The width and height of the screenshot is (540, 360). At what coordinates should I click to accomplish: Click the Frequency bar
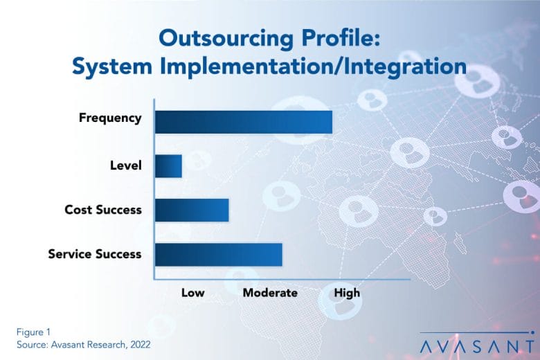[x=244, y=122]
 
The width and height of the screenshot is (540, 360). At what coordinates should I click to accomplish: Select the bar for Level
[x=168, y=166]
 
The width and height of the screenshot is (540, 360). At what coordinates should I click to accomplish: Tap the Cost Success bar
[x=192, y=210]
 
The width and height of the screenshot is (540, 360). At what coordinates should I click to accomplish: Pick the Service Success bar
[x=218, y=255]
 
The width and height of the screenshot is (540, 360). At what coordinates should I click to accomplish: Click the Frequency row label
[x=110, y=118]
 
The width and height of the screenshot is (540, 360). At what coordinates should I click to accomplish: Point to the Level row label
[x=126, y=165]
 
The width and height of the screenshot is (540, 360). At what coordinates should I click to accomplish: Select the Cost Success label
[x=103, y=210]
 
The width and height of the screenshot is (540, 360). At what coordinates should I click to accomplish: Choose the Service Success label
[x=95, y=254]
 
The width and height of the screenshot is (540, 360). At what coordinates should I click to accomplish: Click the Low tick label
[x=193, y=293]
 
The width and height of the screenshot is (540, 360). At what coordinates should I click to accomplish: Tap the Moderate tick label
[x=270, y=293]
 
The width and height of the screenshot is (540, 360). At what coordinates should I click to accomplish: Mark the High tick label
[x=347, y=293]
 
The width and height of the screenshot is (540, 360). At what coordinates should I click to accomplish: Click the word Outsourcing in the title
[x=226, y=39]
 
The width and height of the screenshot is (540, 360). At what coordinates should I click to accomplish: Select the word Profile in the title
[x=341, y=37]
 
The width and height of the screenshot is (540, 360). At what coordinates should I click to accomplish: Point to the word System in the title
[x=112, y=66]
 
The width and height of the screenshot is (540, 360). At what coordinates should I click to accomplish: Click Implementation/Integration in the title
[x=314, y=66]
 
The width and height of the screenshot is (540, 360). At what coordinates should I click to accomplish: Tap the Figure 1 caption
[x=33, y=332]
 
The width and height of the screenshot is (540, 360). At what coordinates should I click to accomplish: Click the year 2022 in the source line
[x=140, y=345]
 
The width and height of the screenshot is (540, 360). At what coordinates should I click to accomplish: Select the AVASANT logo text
[x=477, y=347]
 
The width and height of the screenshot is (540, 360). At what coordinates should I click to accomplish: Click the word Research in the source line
[x=106, y=345]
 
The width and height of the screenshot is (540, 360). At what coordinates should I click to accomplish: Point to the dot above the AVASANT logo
[x=533, y=332]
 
